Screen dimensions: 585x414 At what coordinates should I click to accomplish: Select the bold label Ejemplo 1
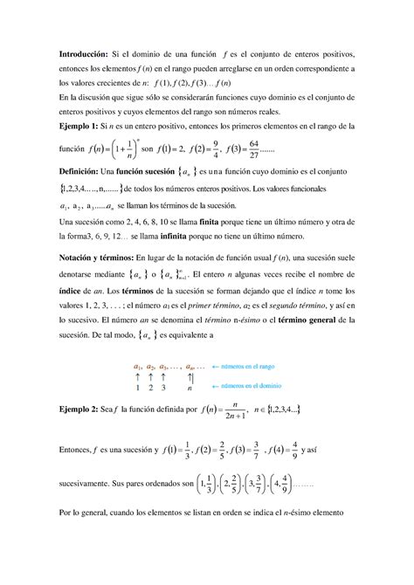coord(76,127)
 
